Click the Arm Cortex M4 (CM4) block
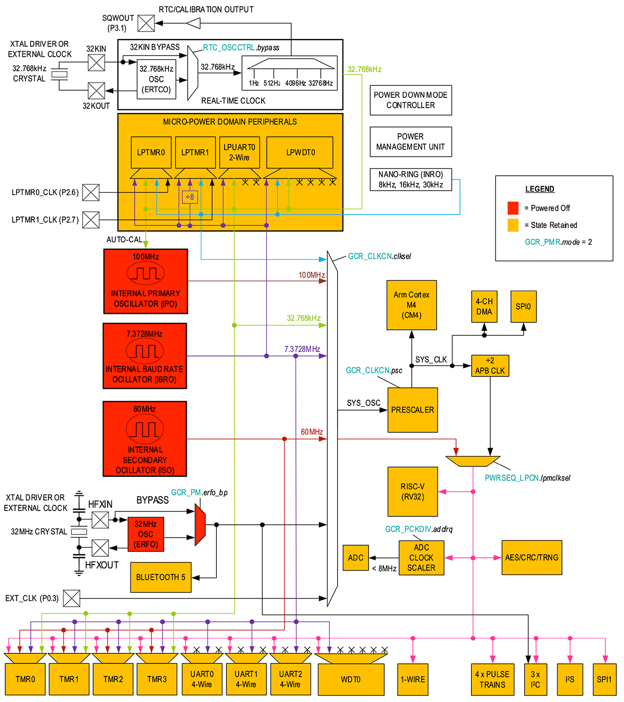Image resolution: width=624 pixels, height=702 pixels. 411,305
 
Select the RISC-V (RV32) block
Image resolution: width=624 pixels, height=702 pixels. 412,491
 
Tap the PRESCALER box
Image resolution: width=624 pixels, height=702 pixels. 412,410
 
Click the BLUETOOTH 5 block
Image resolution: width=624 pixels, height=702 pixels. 161,577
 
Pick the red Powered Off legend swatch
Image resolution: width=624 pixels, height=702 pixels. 513,208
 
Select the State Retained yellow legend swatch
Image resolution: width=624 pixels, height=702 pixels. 513,225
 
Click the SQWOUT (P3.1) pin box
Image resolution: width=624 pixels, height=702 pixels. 146,23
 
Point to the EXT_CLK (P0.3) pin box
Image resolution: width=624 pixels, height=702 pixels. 72,598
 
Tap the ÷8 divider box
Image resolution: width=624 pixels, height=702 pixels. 189,197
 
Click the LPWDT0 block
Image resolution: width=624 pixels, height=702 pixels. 300,152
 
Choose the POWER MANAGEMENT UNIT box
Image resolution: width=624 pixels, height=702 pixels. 410,142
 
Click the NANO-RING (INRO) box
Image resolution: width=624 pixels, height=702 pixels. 410,180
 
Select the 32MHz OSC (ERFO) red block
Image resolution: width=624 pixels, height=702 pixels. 146,534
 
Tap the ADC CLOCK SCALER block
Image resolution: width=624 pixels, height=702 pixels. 421,558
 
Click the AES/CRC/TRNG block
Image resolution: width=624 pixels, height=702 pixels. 531,557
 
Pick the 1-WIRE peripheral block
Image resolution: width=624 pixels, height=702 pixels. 413,679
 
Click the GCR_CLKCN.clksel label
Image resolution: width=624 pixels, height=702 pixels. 379,256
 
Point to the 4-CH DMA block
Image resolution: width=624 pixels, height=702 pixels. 484,307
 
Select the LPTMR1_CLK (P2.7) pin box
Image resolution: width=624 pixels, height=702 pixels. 91,220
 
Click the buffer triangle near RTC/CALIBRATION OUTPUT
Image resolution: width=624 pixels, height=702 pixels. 193,23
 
